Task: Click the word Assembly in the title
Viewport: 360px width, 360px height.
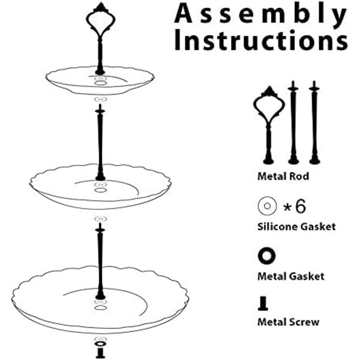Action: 260,14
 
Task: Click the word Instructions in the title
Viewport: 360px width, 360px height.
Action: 261,41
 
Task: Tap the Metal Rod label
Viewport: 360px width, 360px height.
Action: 283,176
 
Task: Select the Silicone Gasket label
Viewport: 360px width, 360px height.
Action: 296,227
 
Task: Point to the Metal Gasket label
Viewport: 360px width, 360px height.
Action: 291,276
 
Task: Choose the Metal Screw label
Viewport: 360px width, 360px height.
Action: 289,322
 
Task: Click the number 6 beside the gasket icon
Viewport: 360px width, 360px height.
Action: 300,206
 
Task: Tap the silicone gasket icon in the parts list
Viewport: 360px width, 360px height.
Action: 267,206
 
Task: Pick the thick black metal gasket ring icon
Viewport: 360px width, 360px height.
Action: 266,256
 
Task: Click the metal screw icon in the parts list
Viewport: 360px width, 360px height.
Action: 263,303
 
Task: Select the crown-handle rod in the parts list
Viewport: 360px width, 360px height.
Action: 269,125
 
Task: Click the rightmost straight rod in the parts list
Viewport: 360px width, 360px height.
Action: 315,122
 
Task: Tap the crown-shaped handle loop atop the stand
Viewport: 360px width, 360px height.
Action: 101,19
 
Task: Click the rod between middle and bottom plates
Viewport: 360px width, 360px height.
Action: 100,261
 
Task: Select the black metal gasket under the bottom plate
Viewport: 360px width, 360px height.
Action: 101,344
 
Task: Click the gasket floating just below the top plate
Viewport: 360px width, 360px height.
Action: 101,99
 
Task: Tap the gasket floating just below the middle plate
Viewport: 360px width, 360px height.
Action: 101,219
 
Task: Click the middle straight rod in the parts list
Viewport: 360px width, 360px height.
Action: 293,122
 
